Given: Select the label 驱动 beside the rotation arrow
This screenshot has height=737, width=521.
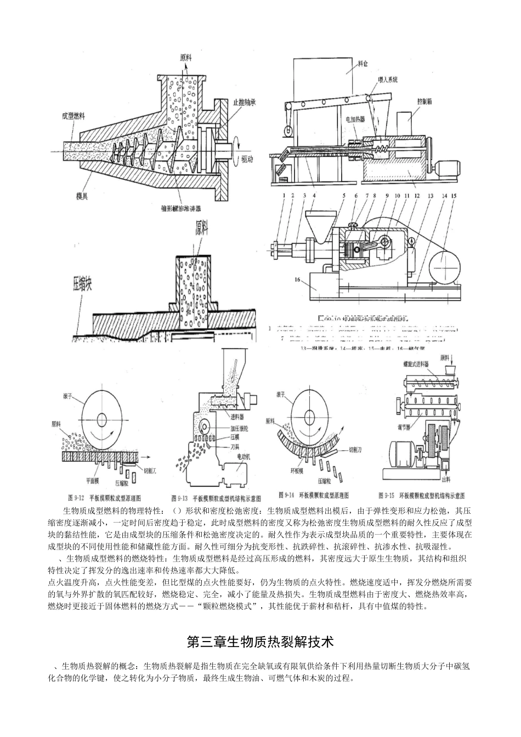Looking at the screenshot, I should pyautogui.click(x=248, y=160).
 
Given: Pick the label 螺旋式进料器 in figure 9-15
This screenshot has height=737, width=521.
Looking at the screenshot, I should pyautogui.click(x=432, y=364).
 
